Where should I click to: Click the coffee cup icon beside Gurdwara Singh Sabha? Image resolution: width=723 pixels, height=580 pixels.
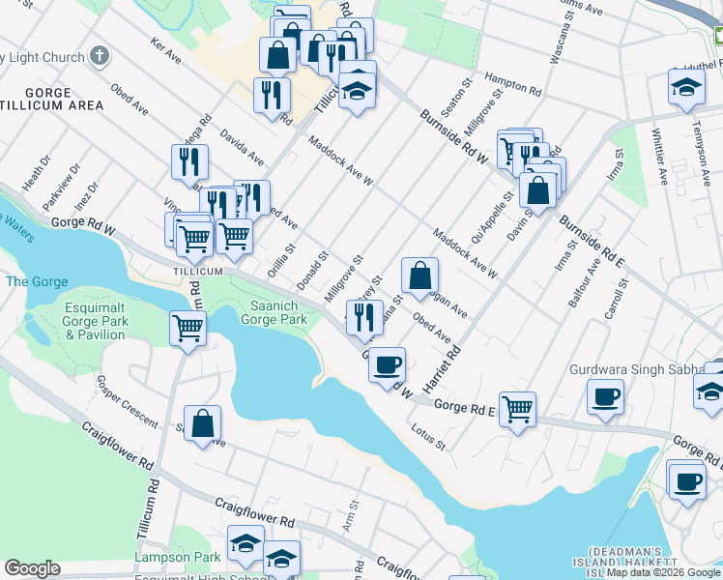coord(605,396)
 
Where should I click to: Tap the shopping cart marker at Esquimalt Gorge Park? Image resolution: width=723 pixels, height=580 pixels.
coord(188,329)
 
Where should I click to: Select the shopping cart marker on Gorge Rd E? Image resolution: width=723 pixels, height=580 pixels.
coord(517,409)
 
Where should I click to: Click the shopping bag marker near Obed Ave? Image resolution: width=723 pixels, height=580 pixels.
coord(419,275)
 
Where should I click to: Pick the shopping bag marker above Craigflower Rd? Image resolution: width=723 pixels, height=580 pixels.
coord(202,423)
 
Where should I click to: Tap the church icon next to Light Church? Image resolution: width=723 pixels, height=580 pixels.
coord(99,55)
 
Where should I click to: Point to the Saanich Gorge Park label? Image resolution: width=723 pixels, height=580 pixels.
coord(274,310)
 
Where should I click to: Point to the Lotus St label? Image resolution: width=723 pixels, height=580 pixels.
coord(427,437)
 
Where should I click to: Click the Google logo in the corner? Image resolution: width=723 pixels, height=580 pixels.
coord(32,568)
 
